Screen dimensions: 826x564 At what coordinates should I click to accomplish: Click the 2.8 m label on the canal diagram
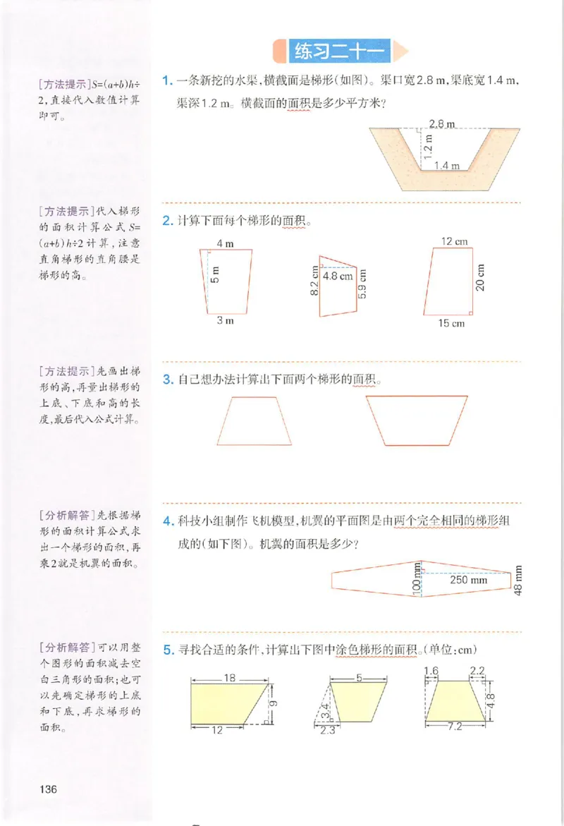pos(441,124)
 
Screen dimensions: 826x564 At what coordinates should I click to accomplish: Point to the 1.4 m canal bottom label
pos(446,166)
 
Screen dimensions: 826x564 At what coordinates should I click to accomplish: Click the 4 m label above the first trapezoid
pos(225,243)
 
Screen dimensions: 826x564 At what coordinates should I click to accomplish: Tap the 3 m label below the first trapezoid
pos(225,320)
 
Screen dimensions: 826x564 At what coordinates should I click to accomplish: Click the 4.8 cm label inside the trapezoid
pos(338,277)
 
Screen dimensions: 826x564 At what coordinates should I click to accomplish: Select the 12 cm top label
pos(455,241)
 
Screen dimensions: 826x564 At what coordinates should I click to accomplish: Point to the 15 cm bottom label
pos(453,323)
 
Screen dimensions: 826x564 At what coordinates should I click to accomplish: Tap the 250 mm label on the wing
pos(468,581)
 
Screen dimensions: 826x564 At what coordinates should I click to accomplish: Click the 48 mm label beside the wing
pos(520,581)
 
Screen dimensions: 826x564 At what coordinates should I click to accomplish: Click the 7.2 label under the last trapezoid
pos(454,726)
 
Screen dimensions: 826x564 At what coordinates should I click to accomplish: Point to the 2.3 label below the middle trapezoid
pos(326,731)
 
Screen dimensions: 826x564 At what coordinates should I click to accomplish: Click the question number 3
pos(168,379)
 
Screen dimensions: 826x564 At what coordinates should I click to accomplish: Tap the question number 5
pos(168,650)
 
